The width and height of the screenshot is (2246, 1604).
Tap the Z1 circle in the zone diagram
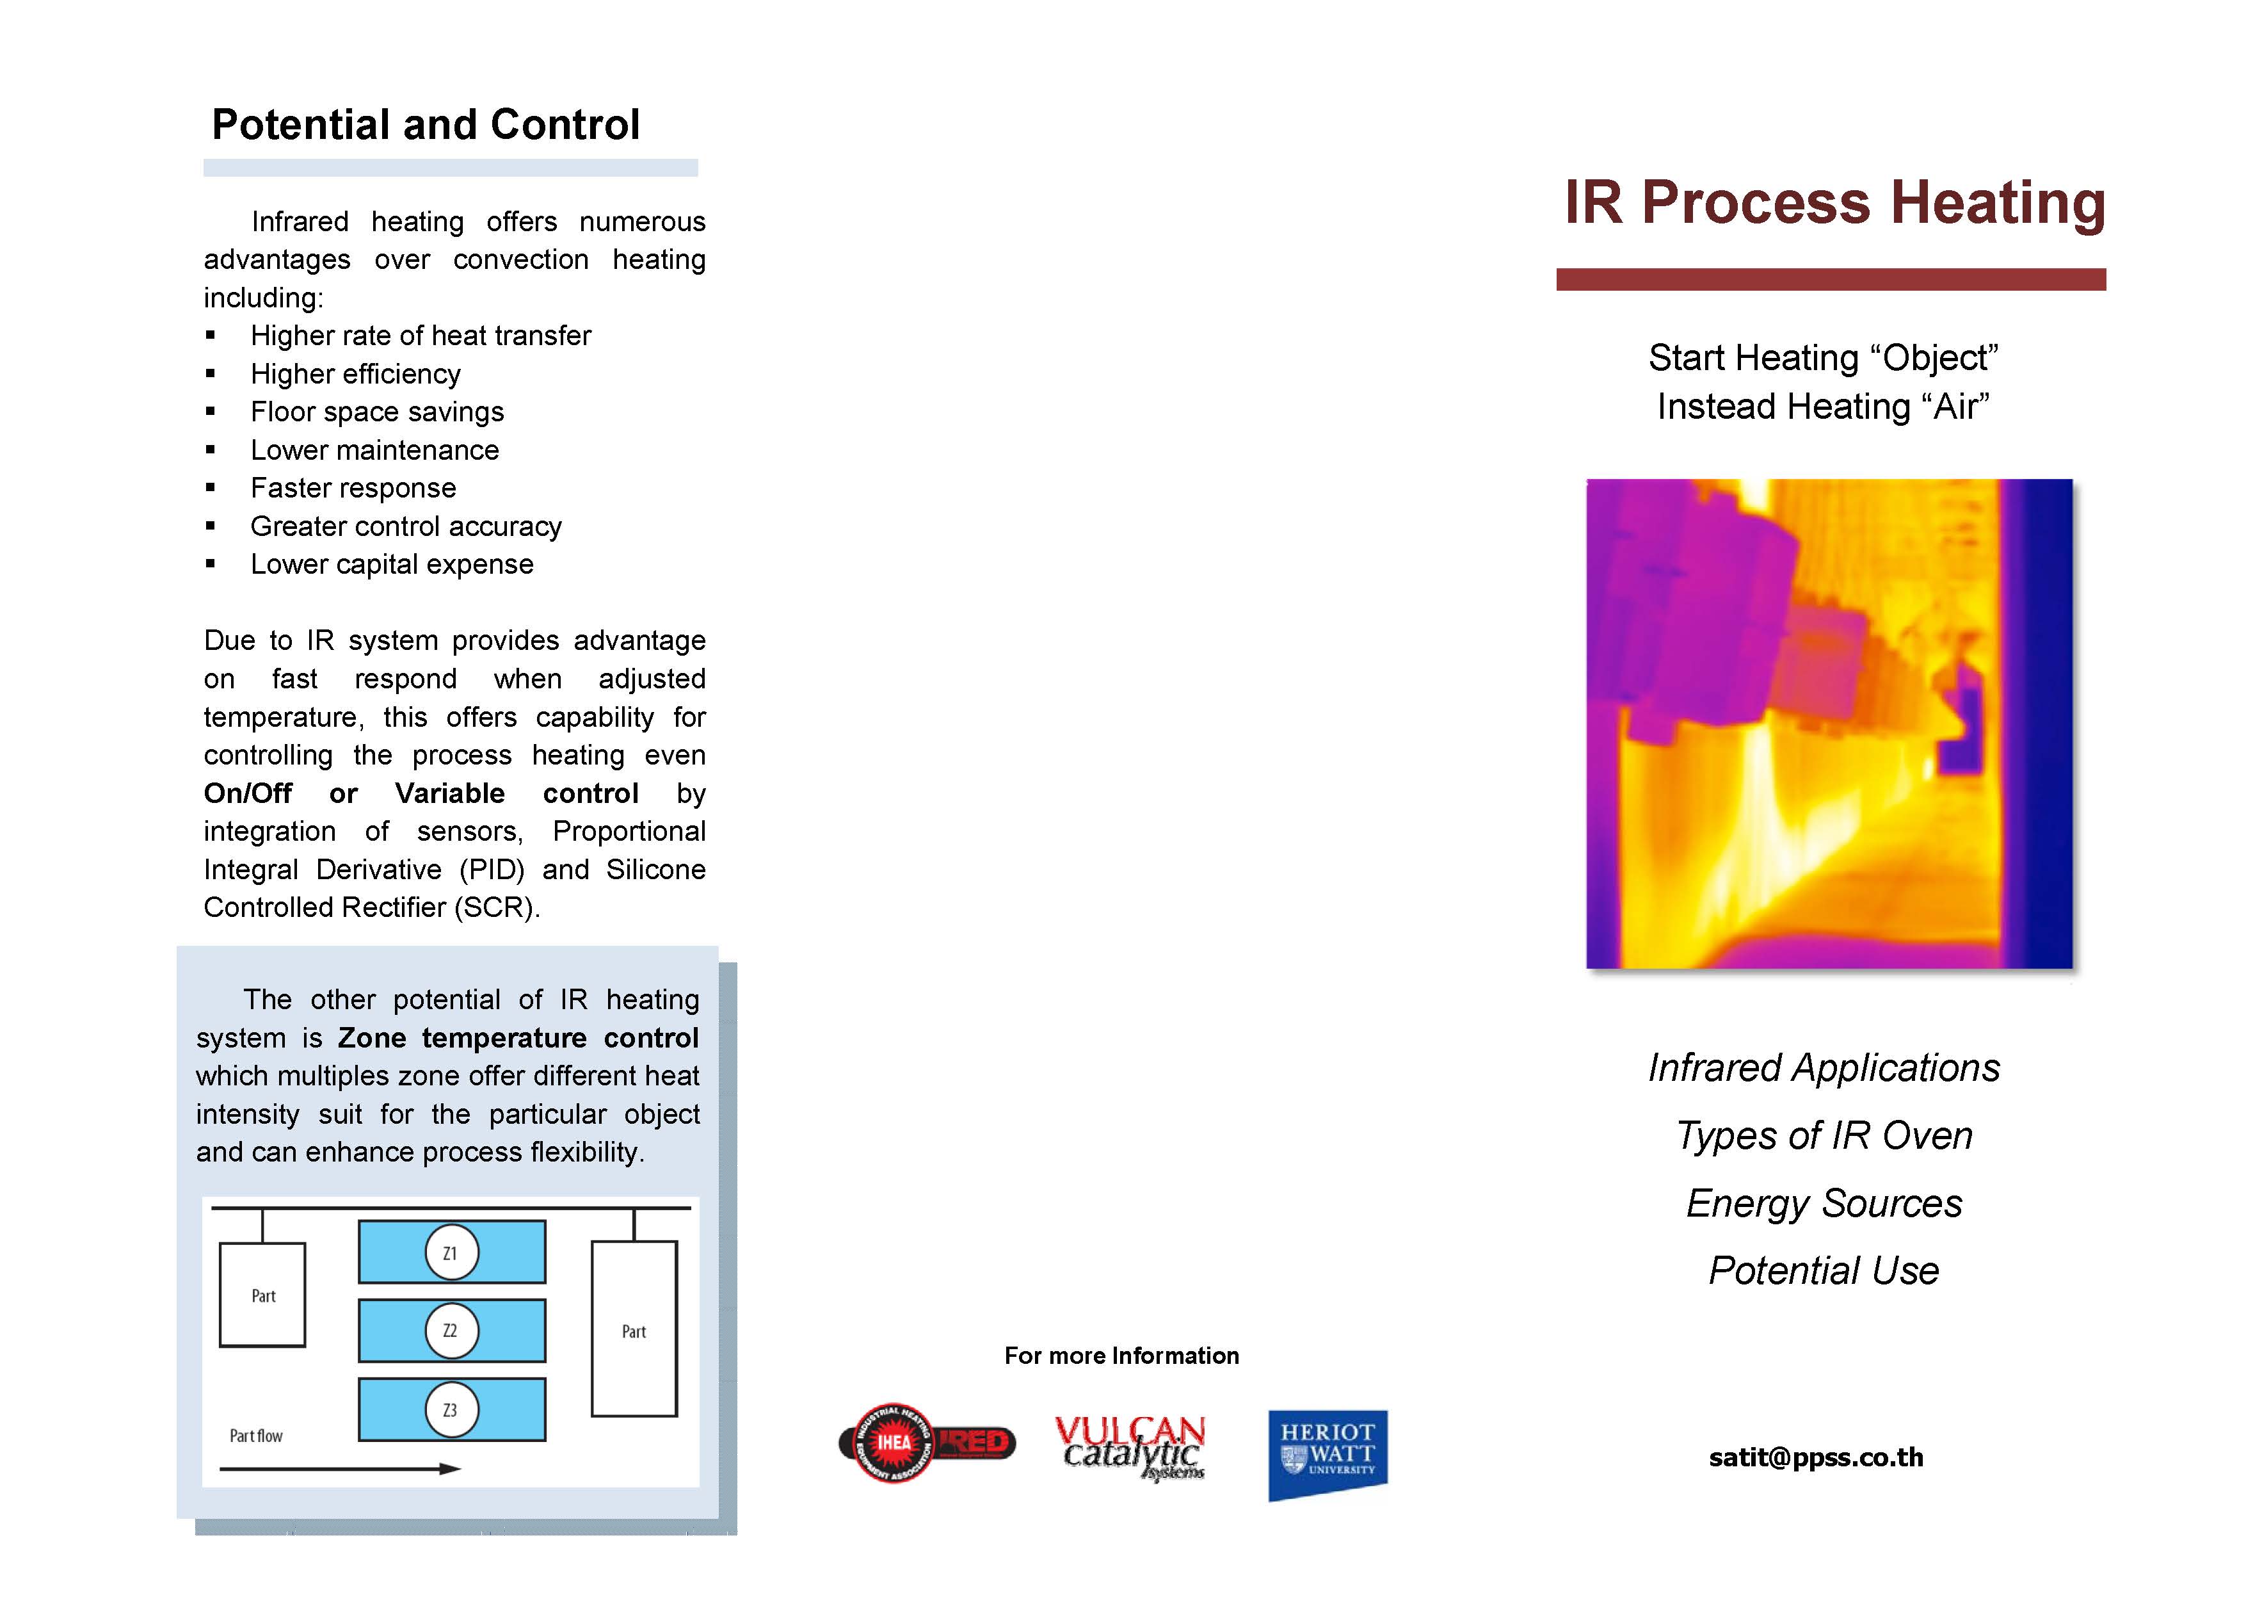(451, 1252)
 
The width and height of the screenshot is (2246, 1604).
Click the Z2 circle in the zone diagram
(451, 1331)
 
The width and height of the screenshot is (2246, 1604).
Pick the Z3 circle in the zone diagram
(451, 1409)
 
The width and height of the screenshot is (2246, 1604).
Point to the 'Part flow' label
(255, 1435)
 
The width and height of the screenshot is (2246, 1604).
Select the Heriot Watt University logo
(1328, 1454)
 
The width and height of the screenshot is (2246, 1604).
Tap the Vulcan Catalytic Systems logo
(1130, 1448)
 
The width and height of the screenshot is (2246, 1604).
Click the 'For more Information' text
(1121, 1355)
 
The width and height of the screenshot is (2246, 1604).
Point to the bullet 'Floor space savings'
(377, 412)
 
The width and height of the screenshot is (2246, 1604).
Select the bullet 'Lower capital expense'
(392, 564)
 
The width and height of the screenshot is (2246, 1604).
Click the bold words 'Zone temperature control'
(518, 1038)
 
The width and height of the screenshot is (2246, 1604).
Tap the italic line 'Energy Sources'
(1824, 1204)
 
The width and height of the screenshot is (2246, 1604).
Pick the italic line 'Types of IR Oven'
(1824, 1137)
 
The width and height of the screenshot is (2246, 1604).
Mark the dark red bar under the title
(1831, 280)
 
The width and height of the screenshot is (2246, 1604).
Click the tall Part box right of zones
(634, 1329)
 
